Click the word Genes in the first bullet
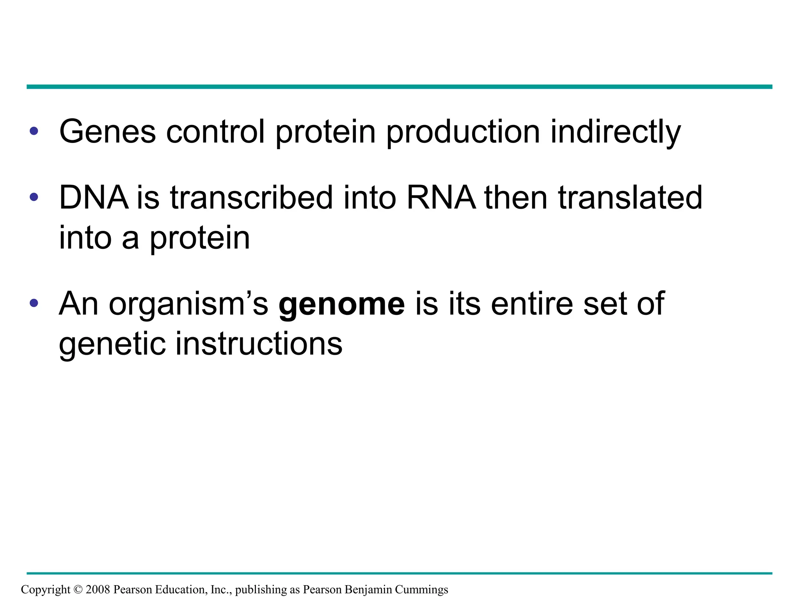107,132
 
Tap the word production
463,132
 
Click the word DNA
94,198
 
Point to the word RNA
441,198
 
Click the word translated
630,198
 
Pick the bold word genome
342,304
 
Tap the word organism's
188,304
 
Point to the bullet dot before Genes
34,131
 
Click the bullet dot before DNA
34,197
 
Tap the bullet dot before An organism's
34,303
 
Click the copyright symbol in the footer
78,589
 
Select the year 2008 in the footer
98,589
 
